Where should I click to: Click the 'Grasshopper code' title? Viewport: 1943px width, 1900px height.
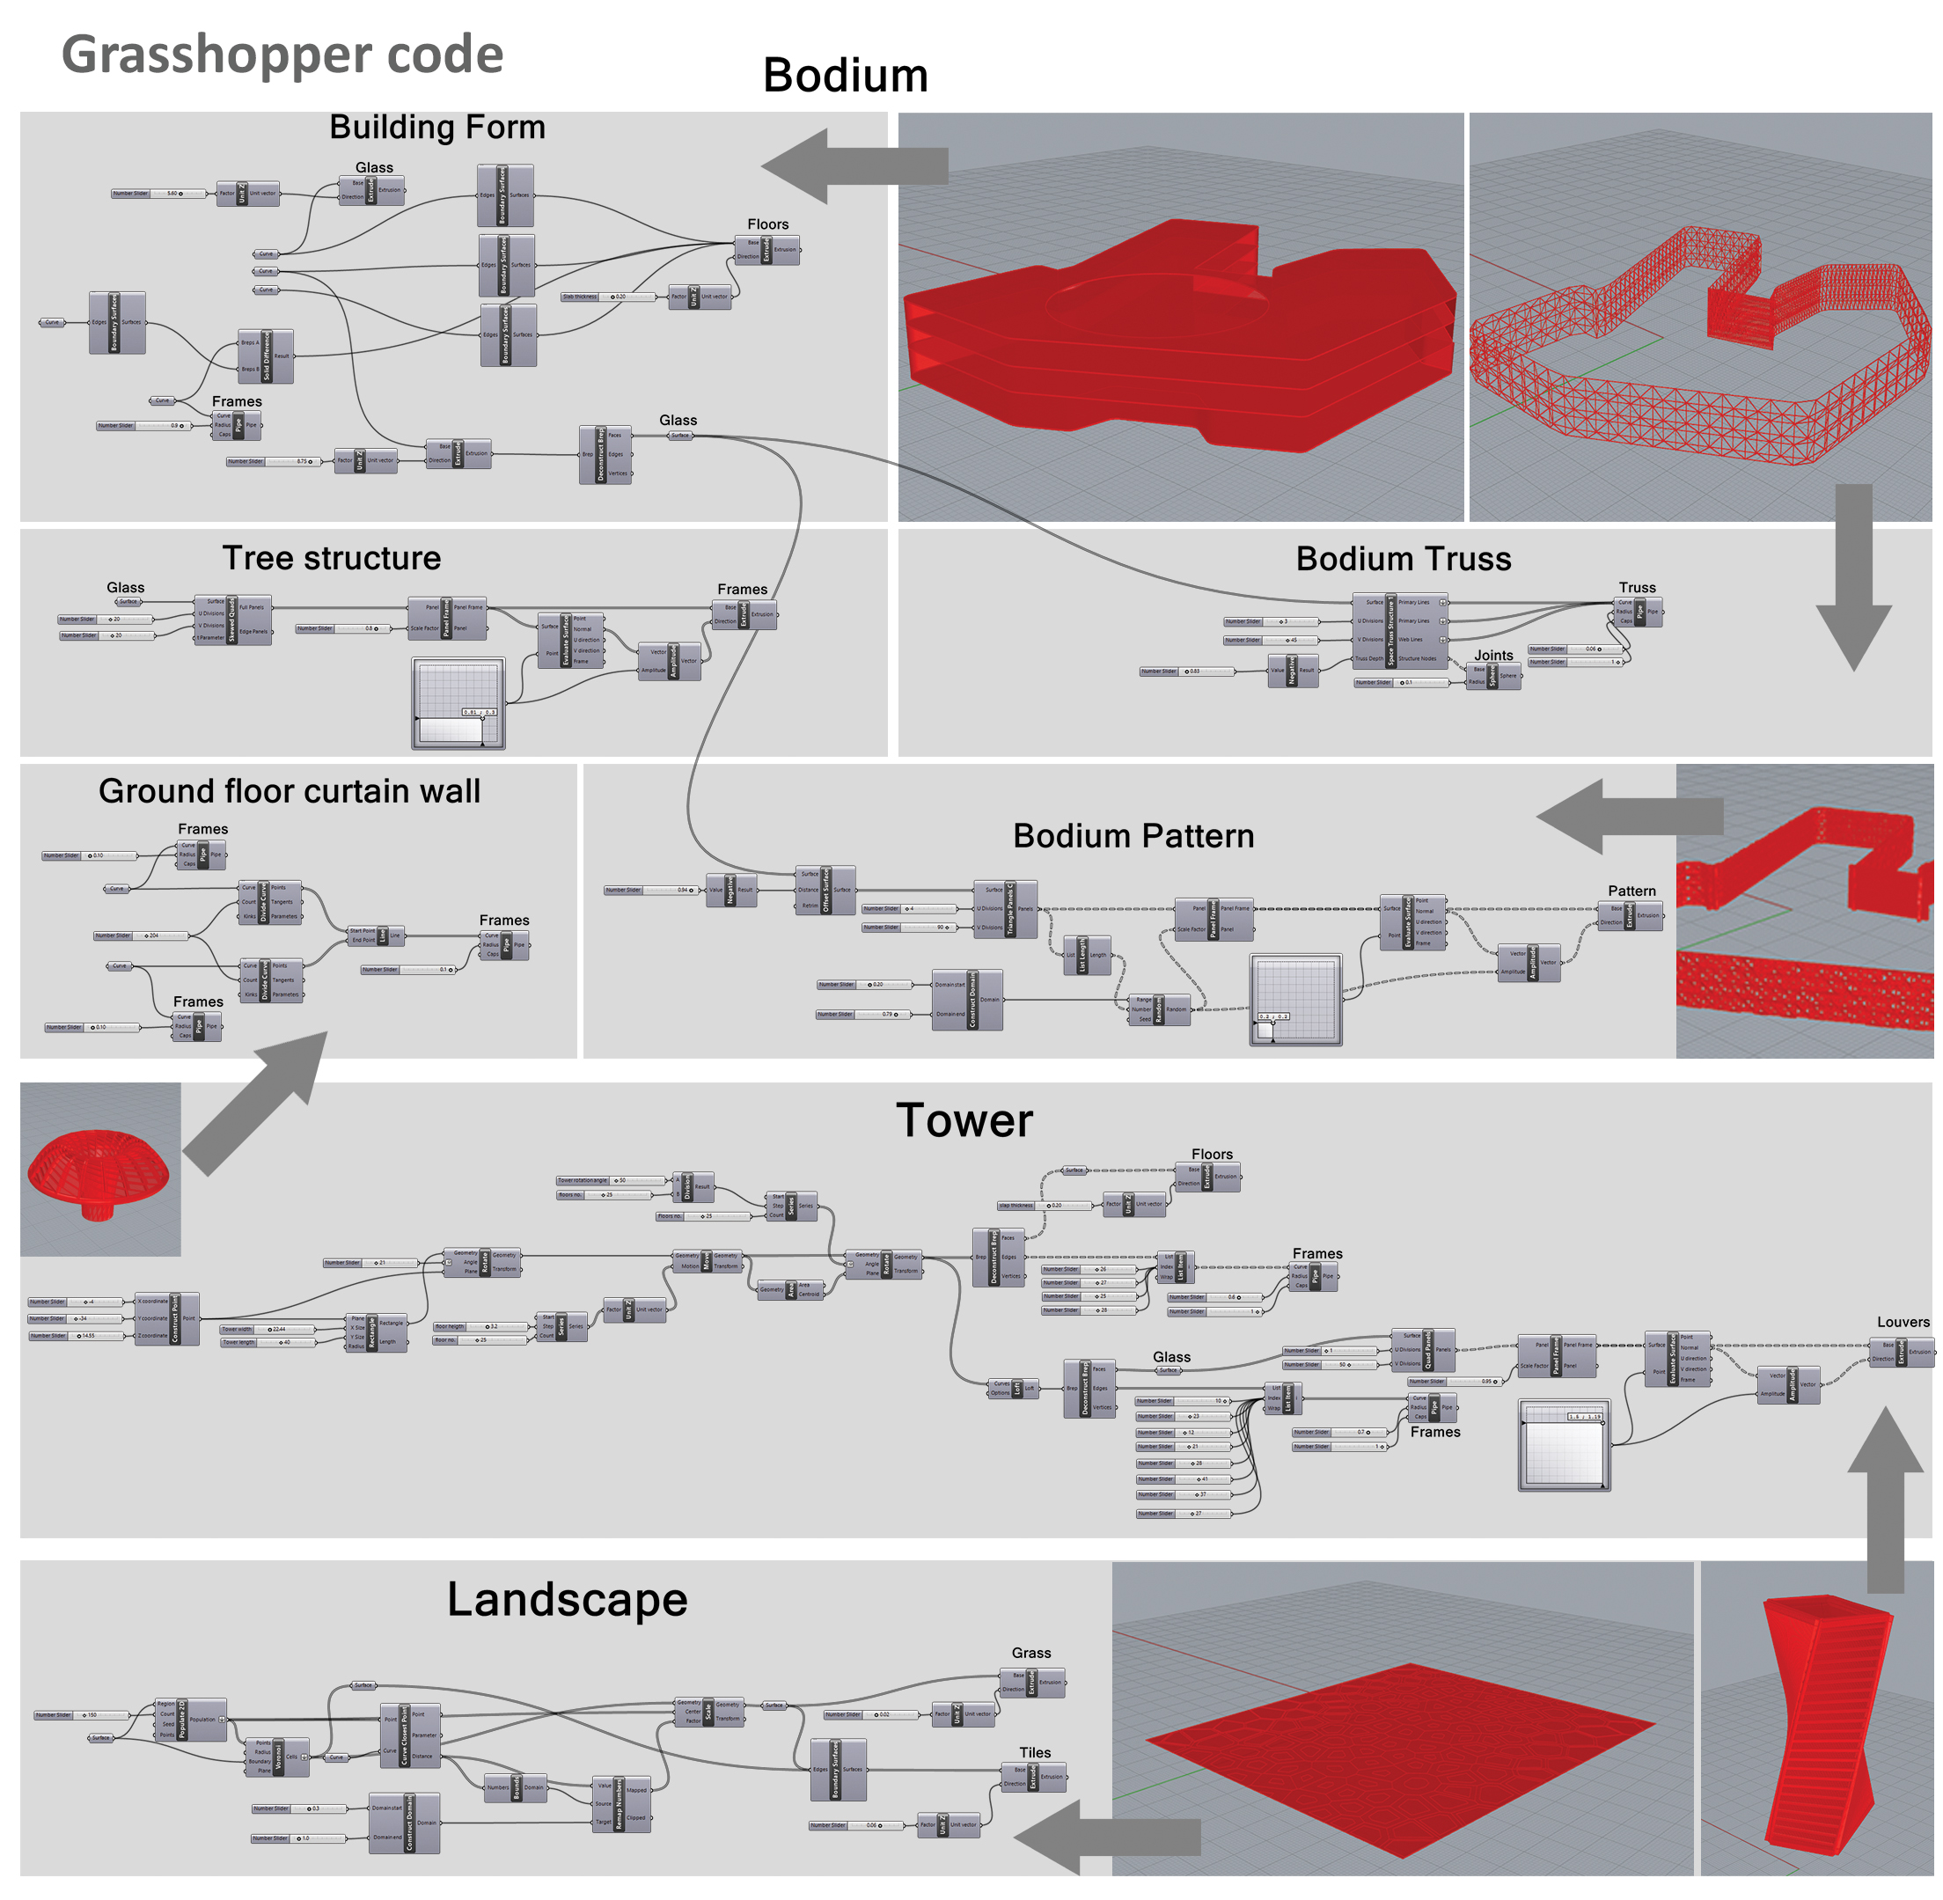click(282, 54)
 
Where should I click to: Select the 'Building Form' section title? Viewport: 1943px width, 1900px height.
click(437, 128)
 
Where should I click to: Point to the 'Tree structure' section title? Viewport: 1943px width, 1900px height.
click(332, 558)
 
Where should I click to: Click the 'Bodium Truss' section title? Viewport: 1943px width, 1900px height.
click(1402, 559)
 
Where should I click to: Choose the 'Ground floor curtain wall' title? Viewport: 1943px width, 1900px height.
click(290, 791)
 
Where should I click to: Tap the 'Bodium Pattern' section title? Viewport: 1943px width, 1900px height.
click(1133, 836)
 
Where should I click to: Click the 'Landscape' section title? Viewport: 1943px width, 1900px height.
click(567, 1601)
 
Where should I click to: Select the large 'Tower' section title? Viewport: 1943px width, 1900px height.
click(963, 1120)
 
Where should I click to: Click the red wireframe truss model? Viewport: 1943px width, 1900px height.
click(1697, 349)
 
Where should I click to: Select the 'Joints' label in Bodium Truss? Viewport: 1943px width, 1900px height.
click(1493, 656)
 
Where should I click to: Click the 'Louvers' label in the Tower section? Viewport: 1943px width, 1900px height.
click(1903, 1322)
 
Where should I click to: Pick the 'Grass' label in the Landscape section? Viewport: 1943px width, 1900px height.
click(1030, 1654)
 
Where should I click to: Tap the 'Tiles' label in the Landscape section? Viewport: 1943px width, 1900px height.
click(1035, 1753)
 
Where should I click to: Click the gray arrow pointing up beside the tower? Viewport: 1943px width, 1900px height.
click(1884, 1497)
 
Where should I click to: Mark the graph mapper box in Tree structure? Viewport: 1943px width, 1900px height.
click(458, 702)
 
